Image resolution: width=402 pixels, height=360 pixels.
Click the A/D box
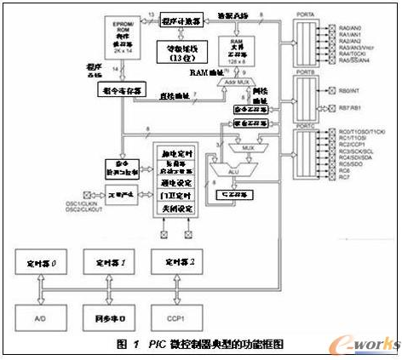[x=41, y=317]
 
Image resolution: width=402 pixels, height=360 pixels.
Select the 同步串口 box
[x=106, y=317]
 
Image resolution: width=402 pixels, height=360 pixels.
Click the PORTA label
[x=306, y=14]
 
